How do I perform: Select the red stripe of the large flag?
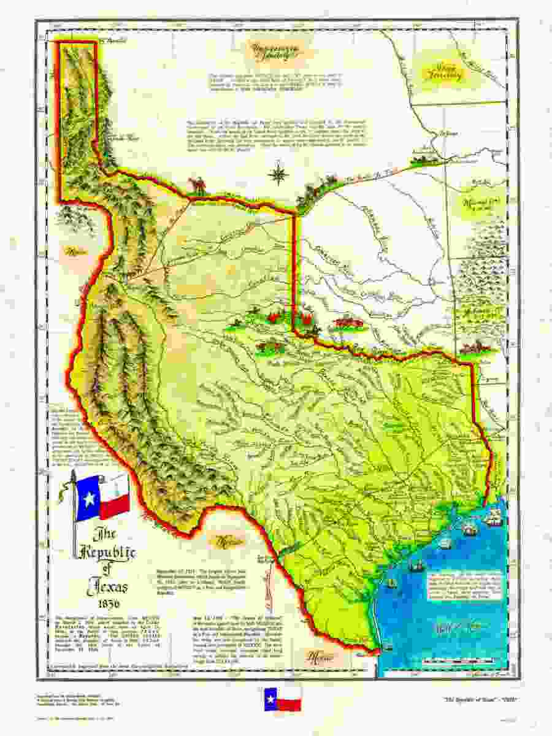(115, 507)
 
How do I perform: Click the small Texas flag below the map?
(282, 699)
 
